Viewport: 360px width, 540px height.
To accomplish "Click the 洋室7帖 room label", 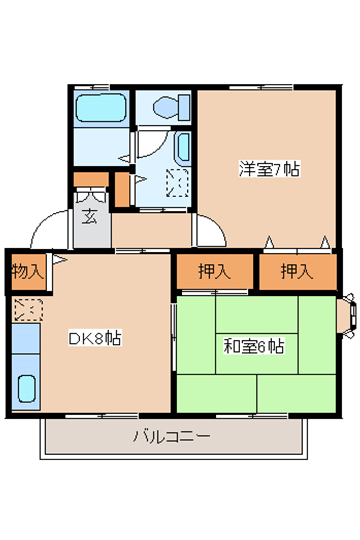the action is tap(269, 169).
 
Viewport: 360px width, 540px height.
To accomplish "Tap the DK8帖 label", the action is tap(95, 338).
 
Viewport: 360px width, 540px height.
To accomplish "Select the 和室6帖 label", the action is tap(254, 346).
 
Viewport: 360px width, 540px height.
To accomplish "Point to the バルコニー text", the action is tap(171, 436).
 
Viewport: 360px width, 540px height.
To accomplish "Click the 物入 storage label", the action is tap(28, 272).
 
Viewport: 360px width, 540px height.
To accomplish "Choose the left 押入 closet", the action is tap(214, 271).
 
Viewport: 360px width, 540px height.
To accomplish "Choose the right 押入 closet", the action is tap(298, 271).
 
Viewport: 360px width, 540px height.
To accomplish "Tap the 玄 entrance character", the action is tap(90, 216).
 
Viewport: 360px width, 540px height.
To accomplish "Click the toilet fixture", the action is tap(171, 107).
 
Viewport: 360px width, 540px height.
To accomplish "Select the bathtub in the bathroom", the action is tap(101, 108).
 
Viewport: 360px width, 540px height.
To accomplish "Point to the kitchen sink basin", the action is tap(27, 388).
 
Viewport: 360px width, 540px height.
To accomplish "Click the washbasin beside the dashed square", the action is tap(183, 148).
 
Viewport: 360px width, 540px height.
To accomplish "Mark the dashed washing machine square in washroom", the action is tap(178, 183).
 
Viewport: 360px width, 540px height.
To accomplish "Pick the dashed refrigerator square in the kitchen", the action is tap(28, 310).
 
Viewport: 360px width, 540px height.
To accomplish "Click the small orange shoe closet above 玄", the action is tap(91, 179).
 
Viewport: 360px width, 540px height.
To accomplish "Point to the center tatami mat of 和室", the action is tap(257, 353).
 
